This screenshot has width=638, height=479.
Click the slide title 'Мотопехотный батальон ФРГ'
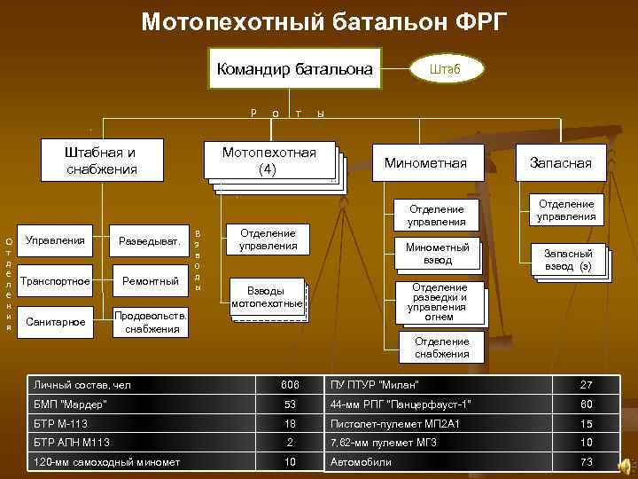click(325, 20)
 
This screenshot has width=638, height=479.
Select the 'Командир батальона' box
click(294, 69)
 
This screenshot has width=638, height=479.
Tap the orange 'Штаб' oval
click(445, 68)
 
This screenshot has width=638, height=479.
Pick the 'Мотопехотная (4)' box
click(269, 161)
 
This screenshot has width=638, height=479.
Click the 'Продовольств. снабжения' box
click(150, 322)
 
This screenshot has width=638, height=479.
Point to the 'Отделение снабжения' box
click(441, 348)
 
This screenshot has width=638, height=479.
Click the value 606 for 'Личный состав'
click(290, 384)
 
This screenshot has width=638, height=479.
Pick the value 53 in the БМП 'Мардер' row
click(290, 404)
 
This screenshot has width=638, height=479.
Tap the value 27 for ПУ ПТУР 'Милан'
click(586, 384)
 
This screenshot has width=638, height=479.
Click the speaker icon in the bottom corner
click(626, 465)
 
